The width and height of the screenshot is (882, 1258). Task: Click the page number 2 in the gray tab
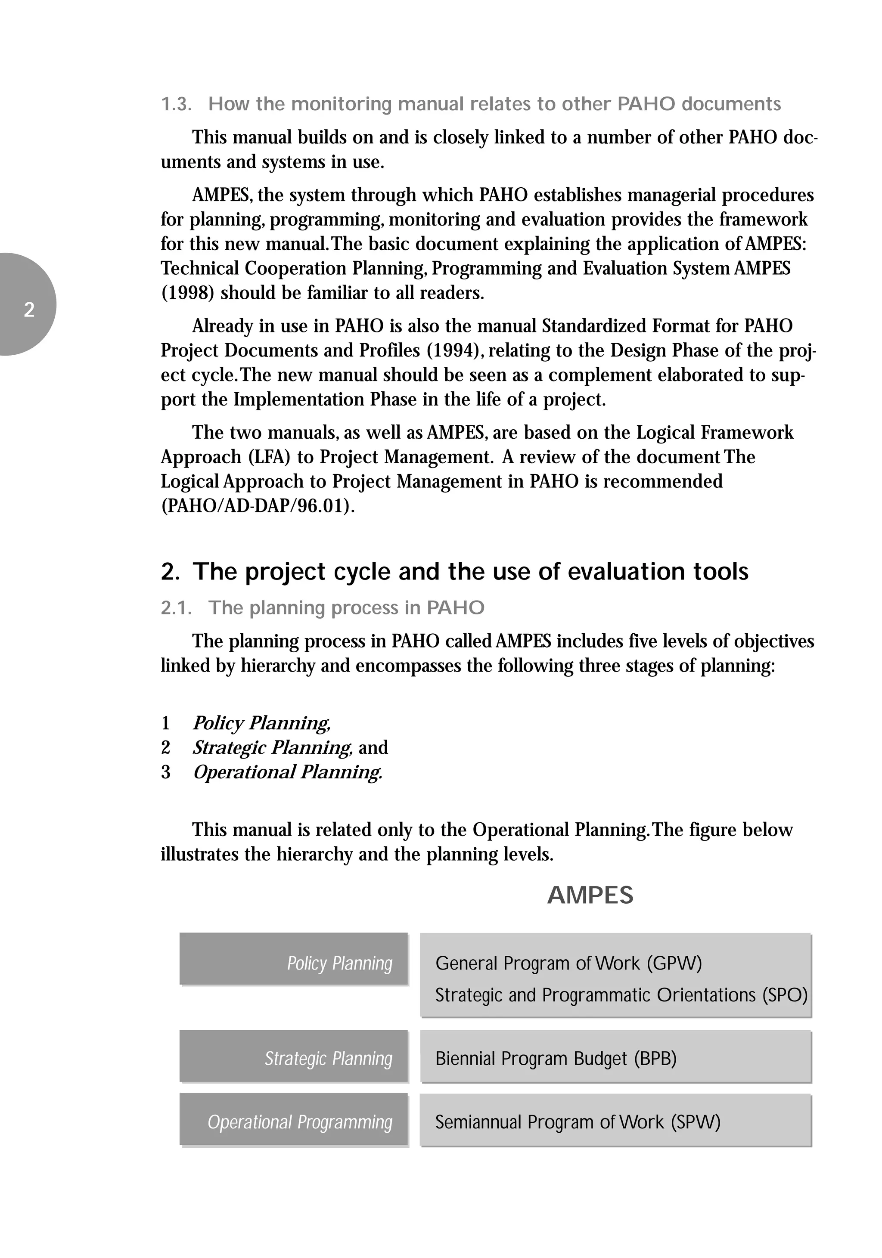pyautogui.click(x=29, y=310)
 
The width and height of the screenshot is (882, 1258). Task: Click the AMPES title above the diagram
pyautogui.click(x=590, y=896)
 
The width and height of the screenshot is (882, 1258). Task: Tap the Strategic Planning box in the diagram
pyautogui.click(x=294, y=1058)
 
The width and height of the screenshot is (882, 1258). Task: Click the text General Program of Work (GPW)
pyautogui.click(x=568, y=963)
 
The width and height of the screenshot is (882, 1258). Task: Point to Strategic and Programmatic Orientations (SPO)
pyautogui.click(x=621, y=995)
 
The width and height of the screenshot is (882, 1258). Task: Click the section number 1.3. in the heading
pyautogui.click(x=176, y=104)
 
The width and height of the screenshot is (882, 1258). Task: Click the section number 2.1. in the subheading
pyautogui.click(x=176, y=608)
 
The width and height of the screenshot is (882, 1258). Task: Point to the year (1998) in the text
pyautogui.click(x=188, y=293)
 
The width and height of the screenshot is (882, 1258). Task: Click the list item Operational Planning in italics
pyautogui.click(x=287, y=772)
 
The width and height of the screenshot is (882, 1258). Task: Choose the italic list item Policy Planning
pyautogui.click(x=261, y=723)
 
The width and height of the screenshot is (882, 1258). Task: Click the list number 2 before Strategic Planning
pyautogui.click(x=165, y=748)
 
